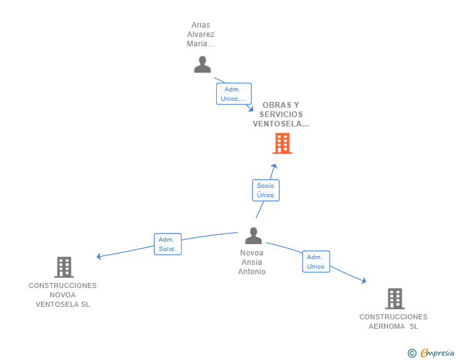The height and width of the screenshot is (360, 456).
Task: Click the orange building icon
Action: coord(282,143)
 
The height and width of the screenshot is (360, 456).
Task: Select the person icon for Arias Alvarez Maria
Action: coord(202,64)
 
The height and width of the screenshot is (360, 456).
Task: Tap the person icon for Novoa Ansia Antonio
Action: coord(253,235)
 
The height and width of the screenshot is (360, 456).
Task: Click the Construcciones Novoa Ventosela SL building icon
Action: coord(64,267)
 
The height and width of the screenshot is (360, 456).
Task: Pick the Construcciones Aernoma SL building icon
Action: coord(395,299)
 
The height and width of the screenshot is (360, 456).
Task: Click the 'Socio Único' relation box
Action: coord(266,190)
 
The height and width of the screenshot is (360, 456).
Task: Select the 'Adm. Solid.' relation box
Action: coord(167,244)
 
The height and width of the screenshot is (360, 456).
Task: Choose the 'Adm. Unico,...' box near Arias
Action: coord(234,94)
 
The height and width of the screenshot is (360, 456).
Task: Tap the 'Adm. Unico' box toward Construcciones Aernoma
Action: coord(316,262)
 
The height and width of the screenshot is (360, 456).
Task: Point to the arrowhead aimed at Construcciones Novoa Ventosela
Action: coord(99,256)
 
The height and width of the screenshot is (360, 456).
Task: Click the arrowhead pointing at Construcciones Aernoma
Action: coord(363,280)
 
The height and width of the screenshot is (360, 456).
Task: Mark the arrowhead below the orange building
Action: coord(274,166)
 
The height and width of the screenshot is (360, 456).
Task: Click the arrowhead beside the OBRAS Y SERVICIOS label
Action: coord(251,109)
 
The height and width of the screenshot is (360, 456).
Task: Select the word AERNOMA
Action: coord(387,326)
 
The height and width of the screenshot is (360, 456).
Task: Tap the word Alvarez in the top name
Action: coord(200,34)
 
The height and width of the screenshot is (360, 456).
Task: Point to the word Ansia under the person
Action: coord(252,262)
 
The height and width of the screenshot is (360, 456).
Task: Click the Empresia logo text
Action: coord(437,353)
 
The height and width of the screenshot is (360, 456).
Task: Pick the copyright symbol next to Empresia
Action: coord(412,353)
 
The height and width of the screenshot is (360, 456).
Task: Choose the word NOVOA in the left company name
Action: coord(63,295)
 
